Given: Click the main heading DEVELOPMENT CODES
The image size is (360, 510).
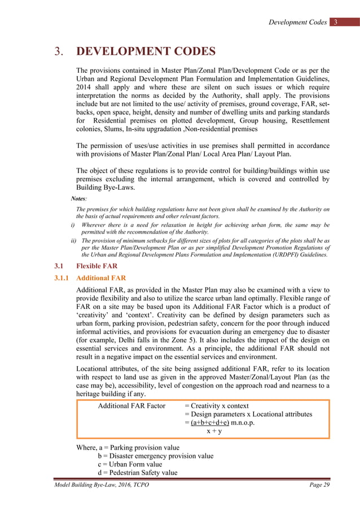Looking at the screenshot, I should pos(146,52).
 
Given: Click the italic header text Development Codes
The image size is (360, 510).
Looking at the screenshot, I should pos(297,23).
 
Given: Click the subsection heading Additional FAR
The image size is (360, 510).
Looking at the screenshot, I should pos(101,278).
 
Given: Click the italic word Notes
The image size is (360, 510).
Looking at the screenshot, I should pos(79,199).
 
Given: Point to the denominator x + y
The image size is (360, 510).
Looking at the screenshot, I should pos(214,431).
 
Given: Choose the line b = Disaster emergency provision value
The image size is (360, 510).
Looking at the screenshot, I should pos(156,456).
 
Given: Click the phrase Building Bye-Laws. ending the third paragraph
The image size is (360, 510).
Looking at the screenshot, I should pos(104,188).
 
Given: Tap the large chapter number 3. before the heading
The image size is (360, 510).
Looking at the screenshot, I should pos(58,52).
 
